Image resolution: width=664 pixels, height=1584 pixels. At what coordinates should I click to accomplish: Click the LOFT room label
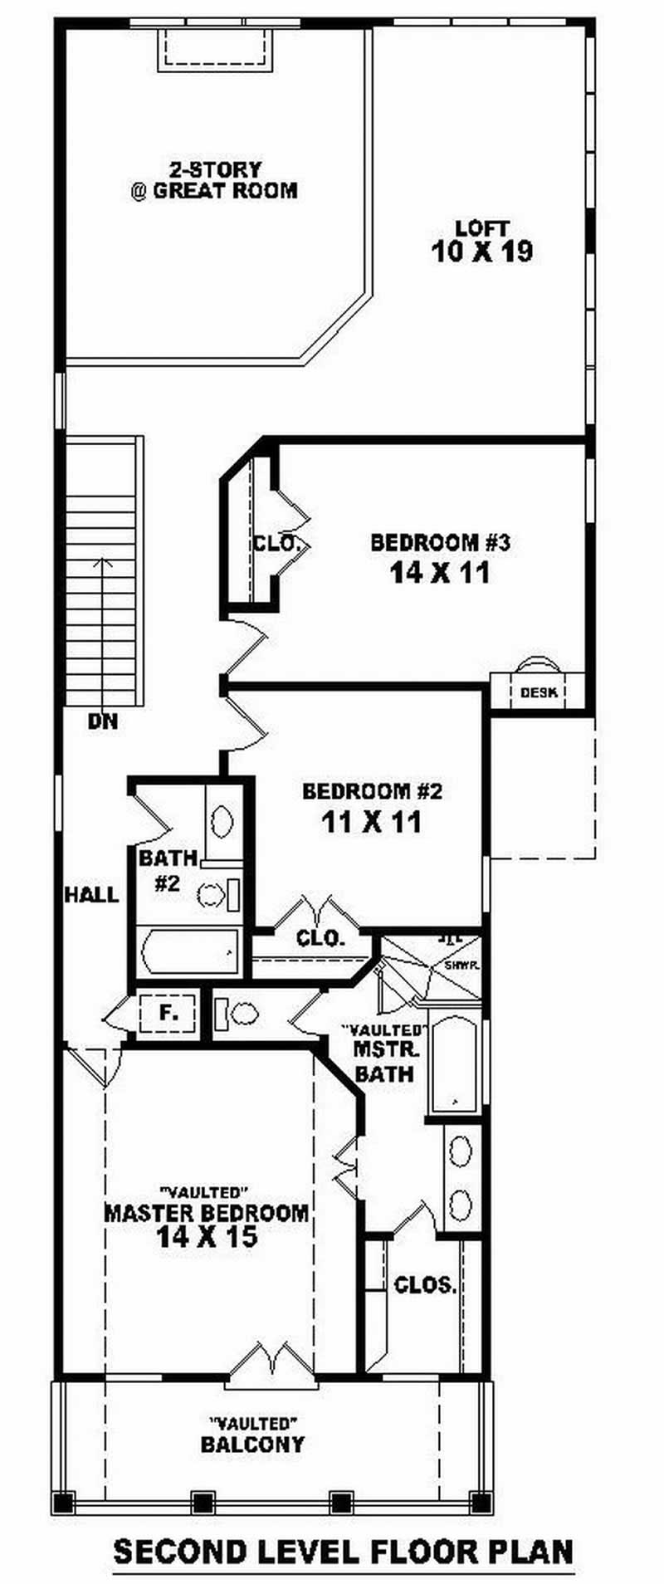pyautogui.click(x=482, y=227)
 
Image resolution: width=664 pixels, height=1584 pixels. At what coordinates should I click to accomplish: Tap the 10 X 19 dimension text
pyautogui.click(x=482, y=252)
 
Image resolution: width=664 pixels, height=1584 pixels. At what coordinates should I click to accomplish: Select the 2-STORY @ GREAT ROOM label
pyautogui.click(x=214, y=180)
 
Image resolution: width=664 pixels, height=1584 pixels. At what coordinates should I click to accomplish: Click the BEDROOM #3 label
pyautogui.click(x=439, y=543)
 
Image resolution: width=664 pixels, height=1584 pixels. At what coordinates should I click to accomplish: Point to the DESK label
pyautogui.click(x=539, y=692)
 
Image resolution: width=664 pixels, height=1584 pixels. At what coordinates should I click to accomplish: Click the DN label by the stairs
pyautogui.click(x=103, y=721)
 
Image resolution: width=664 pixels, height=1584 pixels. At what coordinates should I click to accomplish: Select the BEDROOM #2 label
pyautogui.click(x=373, y=791)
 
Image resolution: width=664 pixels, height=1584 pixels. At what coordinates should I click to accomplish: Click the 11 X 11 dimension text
pyautogui.click(x=372, y=822)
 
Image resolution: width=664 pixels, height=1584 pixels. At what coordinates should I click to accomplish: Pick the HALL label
pyautogui.click(x=92, y=894)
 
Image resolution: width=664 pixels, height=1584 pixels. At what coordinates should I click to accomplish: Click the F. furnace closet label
pyautogui.click(x=168, y=1013)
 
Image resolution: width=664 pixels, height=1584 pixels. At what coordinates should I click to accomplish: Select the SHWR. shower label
pyautogui.click(x=459, y=966)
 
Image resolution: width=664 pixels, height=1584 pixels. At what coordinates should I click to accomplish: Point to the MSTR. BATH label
pyautogui.click(x=384, y=1061)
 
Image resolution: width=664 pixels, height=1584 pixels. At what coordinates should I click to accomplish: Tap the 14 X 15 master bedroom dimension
pyautogui.click(x=206, y=1237)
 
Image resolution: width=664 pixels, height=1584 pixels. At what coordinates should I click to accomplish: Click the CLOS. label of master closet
pyautogui.click(x=425, y=1286)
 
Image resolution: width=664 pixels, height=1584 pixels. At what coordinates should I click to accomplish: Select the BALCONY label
pyautogui.click(x=252, y=1444)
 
